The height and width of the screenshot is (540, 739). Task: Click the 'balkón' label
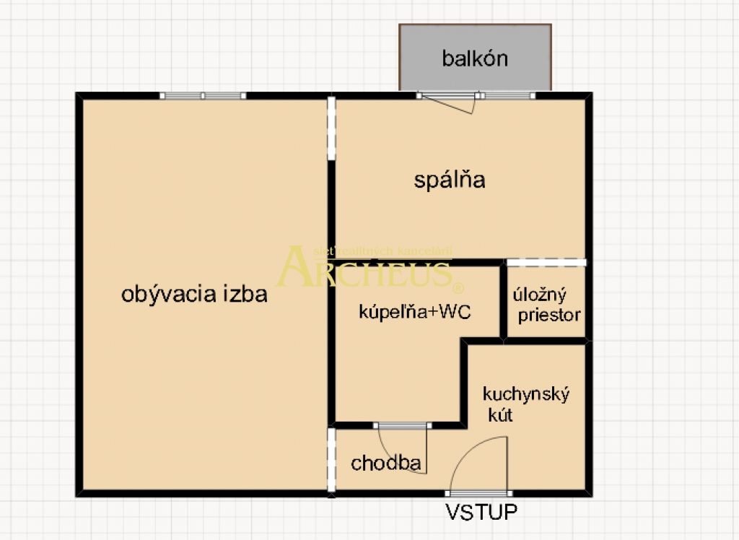point(475,58)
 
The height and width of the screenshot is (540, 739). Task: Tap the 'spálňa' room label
point(449,180)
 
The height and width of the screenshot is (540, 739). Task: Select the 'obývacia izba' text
point(194,295)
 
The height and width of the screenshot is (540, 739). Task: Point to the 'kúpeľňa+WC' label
point(416,313)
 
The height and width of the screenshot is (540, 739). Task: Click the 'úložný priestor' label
point(546,305)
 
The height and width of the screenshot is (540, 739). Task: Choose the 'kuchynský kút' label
point(526,404)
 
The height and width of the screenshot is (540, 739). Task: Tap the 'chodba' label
point(385,463)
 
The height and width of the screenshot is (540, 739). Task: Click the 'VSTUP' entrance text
point(481,513)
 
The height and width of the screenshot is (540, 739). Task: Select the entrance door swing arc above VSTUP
point(476,462)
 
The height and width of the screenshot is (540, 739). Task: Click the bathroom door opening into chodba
point(402,448)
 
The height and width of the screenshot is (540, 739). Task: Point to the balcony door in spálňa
point(447,101)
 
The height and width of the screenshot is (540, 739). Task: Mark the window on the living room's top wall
point(203,95)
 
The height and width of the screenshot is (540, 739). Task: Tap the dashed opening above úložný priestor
point(546,262)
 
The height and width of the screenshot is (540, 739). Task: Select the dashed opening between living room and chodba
point(331,460)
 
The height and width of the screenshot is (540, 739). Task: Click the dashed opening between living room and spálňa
point(331,129)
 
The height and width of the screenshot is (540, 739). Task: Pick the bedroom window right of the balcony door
point(508,95)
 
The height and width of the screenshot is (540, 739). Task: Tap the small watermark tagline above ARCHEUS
point(382,251)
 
